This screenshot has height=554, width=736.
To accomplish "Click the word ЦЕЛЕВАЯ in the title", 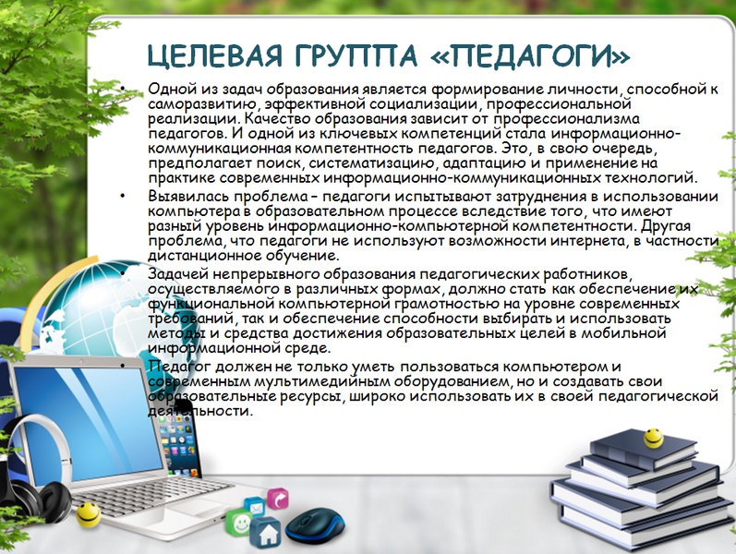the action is (x=214, y=56).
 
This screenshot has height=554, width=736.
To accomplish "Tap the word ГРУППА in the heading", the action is (x=356, y=54).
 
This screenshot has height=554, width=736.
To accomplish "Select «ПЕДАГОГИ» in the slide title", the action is (x=530, y=54).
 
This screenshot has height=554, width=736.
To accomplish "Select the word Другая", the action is (x=666, y=226).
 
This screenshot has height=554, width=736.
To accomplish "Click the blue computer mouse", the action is (x=314, y=525).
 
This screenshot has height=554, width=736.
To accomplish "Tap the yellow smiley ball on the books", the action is (x=653, y=438).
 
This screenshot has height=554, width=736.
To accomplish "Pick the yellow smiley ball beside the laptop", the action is (x=89, y=514).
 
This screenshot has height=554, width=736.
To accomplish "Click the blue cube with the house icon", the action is (x=265, y=532).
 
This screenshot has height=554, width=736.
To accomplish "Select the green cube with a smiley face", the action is (x=239, y=522).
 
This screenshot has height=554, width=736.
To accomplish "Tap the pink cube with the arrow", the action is (x=278, y=499).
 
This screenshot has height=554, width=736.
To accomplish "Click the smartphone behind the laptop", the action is (x=179, y=439).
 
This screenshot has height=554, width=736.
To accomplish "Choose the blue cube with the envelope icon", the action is (x=255, y=507).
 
